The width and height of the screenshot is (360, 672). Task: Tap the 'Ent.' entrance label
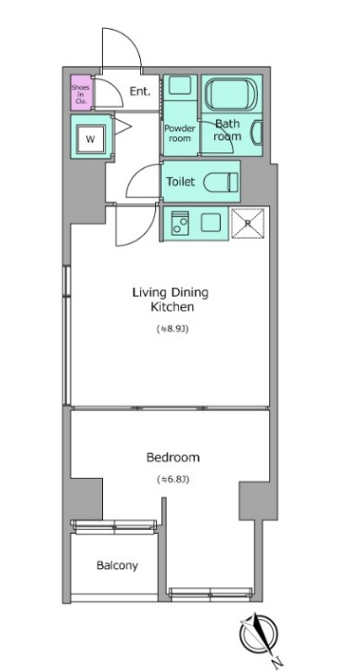pyautogui.click(x=140, y=91)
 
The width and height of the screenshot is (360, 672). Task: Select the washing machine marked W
pyautogui.click(x=91, y=139)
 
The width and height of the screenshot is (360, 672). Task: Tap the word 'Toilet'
pyautogui.click(x=181, y=183)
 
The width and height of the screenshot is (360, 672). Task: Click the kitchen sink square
pyautogui.click(x=212, y=223)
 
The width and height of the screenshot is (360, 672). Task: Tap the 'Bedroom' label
pyautogui.click(x=173, y=457)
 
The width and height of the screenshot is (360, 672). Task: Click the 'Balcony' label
pyautogui.click(x=117, y=565)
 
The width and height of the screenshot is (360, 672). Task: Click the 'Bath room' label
pyautogui.click(x=228, y=130)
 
